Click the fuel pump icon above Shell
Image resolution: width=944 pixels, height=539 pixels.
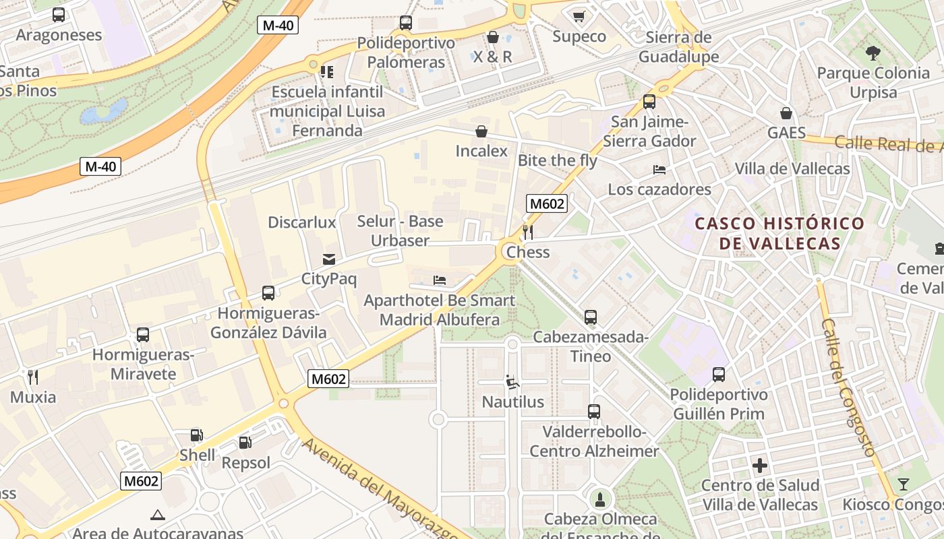[x=196, y=435]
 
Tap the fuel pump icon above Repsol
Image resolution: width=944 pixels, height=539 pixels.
[x=245, y=443]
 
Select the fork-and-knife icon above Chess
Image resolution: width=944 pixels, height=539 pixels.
[x=528, y=232]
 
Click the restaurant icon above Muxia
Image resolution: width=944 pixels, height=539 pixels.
[x=32, y=377]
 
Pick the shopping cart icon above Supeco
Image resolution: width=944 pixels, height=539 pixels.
[x=579, y=16]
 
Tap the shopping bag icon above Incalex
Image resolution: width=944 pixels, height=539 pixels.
[x=481, y=131]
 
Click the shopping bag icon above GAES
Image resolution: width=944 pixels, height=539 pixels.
[x=786, y=113]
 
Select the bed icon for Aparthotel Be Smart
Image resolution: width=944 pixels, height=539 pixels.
[x=440, y=280]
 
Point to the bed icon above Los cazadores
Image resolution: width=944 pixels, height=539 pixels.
[x=659, y=169]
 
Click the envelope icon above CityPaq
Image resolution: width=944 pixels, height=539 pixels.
[x=329, y=259]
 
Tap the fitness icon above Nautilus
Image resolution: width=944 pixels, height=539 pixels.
[x=512, y=382]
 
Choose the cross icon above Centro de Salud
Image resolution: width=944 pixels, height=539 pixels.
[x=760, y=465]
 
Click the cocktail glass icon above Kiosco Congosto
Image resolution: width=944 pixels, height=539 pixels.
[x=903, y=484]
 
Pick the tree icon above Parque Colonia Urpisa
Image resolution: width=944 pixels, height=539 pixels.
[x=873, y=53]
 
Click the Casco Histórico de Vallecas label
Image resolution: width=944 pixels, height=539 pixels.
[x=779, y=233]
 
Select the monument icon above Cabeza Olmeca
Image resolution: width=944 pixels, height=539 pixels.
[x=600, y=499]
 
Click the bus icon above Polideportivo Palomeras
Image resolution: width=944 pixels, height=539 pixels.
[x=406, y=23]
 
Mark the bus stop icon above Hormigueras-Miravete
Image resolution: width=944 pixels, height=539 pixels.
[x=143, y=334]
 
